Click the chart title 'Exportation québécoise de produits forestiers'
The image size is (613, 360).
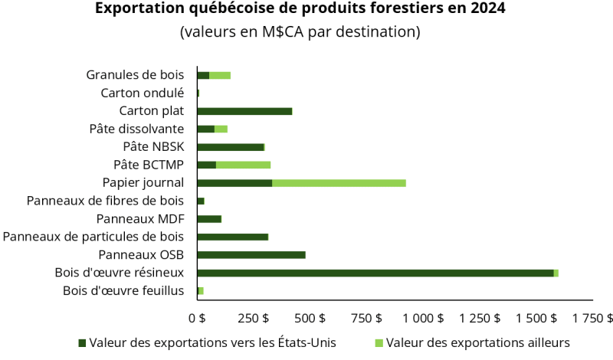300,10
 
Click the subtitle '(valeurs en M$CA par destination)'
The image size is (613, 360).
300,33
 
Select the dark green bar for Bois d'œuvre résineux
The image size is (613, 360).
375,273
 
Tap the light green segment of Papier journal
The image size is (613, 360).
339,183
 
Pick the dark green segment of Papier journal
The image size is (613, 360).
234,183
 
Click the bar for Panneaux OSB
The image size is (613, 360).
251,255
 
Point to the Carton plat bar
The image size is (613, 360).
244,111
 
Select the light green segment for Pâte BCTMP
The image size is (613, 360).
243,165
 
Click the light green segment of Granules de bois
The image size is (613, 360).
220,75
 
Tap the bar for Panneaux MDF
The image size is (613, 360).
209,219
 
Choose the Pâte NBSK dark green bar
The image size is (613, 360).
230,147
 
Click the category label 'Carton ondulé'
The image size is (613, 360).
143,93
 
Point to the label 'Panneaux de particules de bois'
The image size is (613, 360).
93,237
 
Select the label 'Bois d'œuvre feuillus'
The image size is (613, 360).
123,290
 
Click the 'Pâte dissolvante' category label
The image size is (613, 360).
136,129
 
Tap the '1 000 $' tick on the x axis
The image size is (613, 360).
423,317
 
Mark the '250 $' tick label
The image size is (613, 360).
253,317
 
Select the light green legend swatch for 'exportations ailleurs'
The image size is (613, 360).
380,342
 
